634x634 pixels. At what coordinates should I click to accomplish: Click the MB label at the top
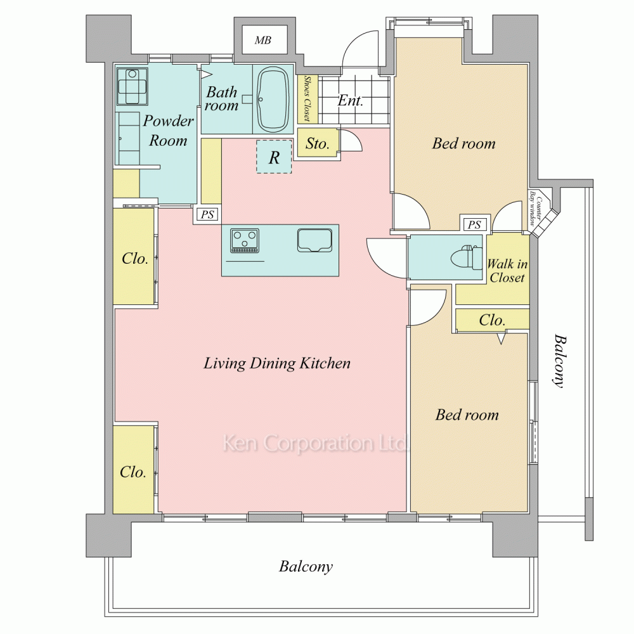click(263, 40)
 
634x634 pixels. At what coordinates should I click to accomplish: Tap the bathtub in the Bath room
click(273, 100)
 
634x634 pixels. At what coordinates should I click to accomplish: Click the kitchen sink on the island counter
click(314, 240)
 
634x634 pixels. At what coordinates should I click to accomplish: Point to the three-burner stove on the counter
click(245, 240)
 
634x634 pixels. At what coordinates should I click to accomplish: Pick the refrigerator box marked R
click(274, 157)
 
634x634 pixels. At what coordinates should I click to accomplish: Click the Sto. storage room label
click(318, 143)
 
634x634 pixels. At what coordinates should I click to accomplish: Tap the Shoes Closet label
click(307, 98)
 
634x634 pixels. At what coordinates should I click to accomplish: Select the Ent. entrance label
click(350, 100)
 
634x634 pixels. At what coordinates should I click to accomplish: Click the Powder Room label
click(168, 131)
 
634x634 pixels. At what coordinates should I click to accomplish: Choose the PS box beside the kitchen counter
click(207, 214)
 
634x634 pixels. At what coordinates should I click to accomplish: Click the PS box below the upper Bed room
click(474, 224)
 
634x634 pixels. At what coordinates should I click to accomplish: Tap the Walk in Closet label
click(507, 271)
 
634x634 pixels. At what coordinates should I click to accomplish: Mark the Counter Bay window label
click(535, 208)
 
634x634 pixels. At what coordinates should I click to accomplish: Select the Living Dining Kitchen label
click(277, 363)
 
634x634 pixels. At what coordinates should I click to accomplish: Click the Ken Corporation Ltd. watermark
click(315, 443)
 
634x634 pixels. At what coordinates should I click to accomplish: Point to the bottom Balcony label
click(306, 566)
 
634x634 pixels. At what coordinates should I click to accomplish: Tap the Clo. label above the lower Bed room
click(492, 320)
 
